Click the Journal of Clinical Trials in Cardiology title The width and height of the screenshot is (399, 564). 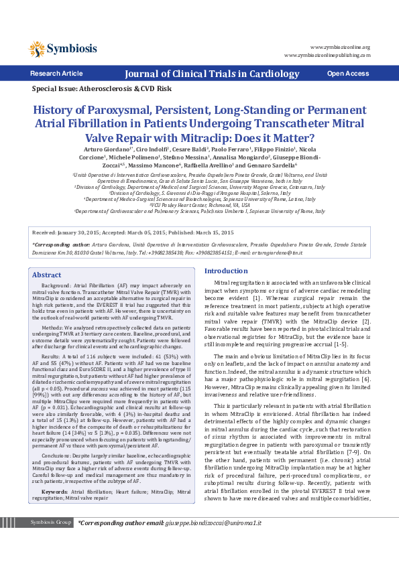tap(199, 74)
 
